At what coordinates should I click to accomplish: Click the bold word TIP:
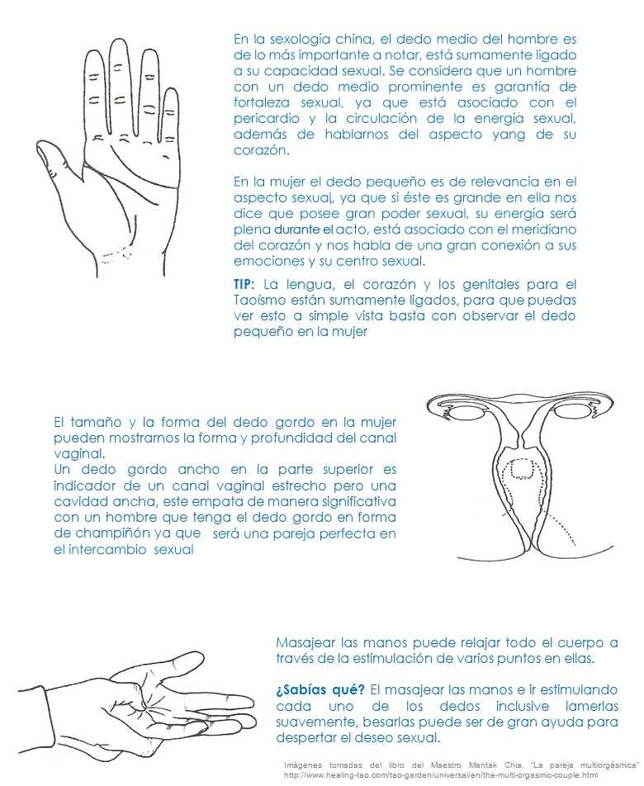coord(244,284)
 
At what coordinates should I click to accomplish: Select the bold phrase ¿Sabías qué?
coord(320,690)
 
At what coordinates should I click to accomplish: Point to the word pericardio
coord(267,119)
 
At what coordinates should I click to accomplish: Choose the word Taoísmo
coord(258,301)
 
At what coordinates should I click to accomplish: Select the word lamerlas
coord(591,706)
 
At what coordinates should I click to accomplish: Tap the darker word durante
coord(296,230)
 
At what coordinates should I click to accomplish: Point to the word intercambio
coord(107,550)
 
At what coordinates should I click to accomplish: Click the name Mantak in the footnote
coord(483,765)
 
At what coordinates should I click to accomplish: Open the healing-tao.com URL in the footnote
coord(441,775)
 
